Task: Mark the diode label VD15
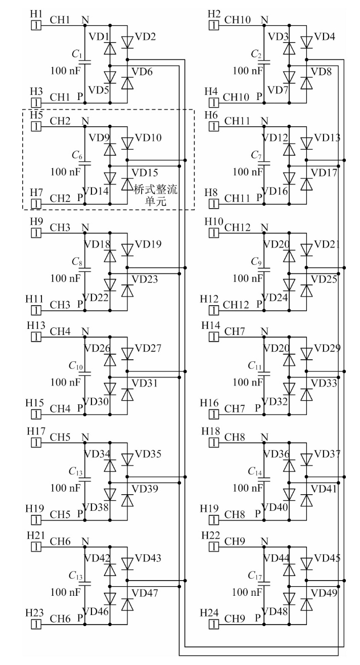145,173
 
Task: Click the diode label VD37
327,454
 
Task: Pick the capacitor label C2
257,54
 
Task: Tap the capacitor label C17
257,575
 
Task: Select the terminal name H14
214,326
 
